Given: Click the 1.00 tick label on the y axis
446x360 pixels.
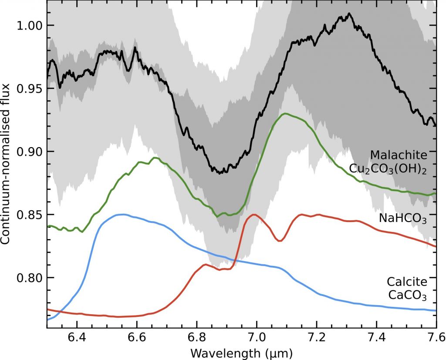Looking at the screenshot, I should pos(29,25).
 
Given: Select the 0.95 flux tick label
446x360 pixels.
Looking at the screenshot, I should pos(29,88).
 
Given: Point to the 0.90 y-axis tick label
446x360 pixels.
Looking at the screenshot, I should pos(29,151).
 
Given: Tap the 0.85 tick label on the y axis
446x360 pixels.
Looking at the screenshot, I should pos(29,215).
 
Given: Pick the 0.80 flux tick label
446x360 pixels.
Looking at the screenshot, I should pos(29,278).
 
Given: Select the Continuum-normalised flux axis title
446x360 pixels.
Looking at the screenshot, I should pos(7,164).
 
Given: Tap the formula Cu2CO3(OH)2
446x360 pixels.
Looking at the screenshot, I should pos(388,169).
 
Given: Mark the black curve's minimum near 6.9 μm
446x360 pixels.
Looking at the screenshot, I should pos(221,173).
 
